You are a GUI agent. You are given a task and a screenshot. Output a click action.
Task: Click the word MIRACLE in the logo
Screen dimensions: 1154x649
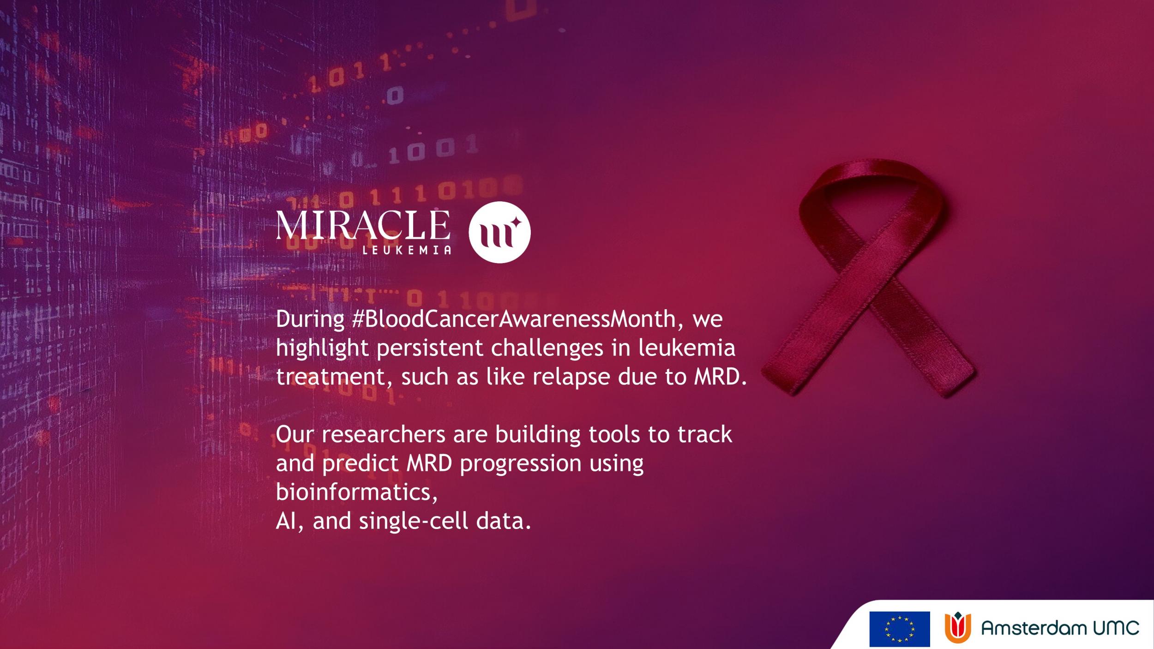363,225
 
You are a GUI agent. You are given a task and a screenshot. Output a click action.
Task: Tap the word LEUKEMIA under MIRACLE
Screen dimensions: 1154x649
407,250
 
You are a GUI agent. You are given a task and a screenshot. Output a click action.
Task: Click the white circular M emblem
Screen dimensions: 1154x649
499,232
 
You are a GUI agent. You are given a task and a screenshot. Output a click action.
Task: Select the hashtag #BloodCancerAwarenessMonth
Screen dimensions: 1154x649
514,319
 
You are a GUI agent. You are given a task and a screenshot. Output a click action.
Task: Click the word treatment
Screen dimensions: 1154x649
331,377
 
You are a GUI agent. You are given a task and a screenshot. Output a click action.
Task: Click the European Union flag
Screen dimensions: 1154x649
900,629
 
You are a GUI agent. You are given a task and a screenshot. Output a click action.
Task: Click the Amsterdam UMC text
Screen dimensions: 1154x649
1060,628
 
